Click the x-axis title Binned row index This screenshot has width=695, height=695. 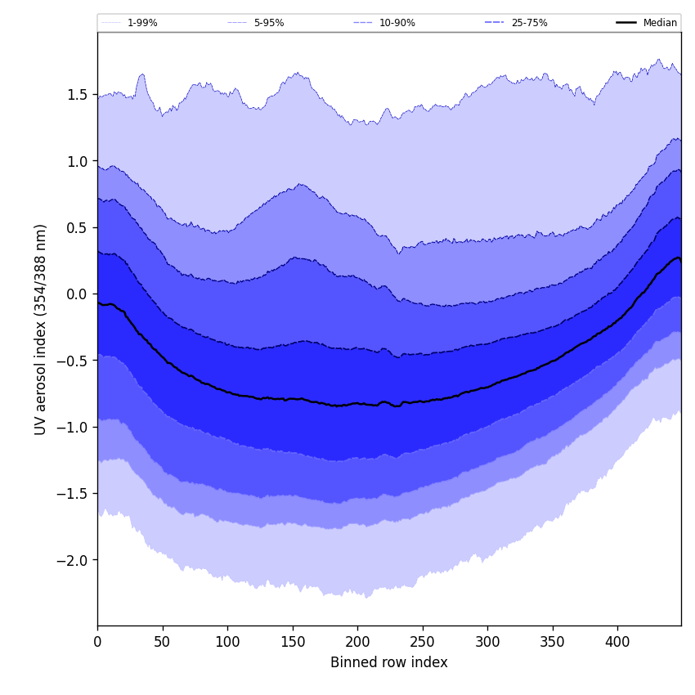(x=389, y=662)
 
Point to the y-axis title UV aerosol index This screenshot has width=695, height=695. (x=41, y=329)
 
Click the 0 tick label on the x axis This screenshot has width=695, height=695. (x=97, y=642)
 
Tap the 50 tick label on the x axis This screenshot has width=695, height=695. (x=163, y=642)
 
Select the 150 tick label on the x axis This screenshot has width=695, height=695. (x=293, y=642)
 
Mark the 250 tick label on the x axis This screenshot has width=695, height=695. (x=423, y=642)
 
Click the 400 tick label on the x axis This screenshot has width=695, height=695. (x=617, y=642)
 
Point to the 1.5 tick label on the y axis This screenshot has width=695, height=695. (x=77, y=95)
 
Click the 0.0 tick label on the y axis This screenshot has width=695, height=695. (x=77, y=294)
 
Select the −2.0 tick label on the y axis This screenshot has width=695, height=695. (x=72, y=561)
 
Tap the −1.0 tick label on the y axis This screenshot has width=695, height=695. (x=72, y=428)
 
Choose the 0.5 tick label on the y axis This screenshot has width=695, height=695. (x=77, y=228)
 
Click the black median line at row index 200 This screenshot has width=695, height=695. (x=357, y=404)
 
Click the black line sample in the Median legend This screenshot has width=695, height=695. (x=627, y=23)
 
